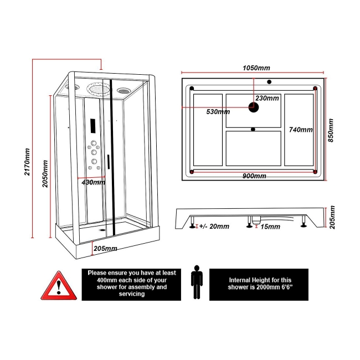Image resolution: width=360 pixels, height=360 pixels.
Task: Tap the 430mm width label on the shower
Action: (93, 182)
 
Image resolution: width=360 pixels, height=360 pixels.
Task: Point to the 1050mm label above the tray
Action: (256, 68)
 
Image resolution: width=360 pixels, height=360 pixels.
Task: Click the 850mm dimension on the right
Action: (331, 130)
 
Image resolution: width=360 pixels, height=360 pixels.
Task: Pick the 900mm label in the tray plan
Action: (254, 176)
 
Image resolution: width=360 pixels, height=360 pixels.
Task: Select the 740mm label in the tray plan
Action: (301, 130)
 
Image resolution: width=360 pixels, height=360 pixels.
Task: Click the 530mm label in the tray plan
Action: (218, 112)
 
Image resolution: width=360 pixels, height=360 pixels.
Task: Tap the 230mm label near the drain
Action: (267, 98)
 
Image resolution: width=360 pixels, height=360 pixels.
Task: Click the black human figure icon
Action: (196, 282)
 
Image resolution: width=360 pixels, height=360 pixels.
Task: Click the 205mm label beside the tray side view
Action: (331, 217)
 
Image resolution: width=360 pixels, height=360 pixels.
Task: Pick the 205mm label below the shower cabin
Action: (105, 249)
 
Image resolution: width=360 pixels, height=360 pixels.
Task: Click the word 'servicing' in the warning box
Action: (131, 294)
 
